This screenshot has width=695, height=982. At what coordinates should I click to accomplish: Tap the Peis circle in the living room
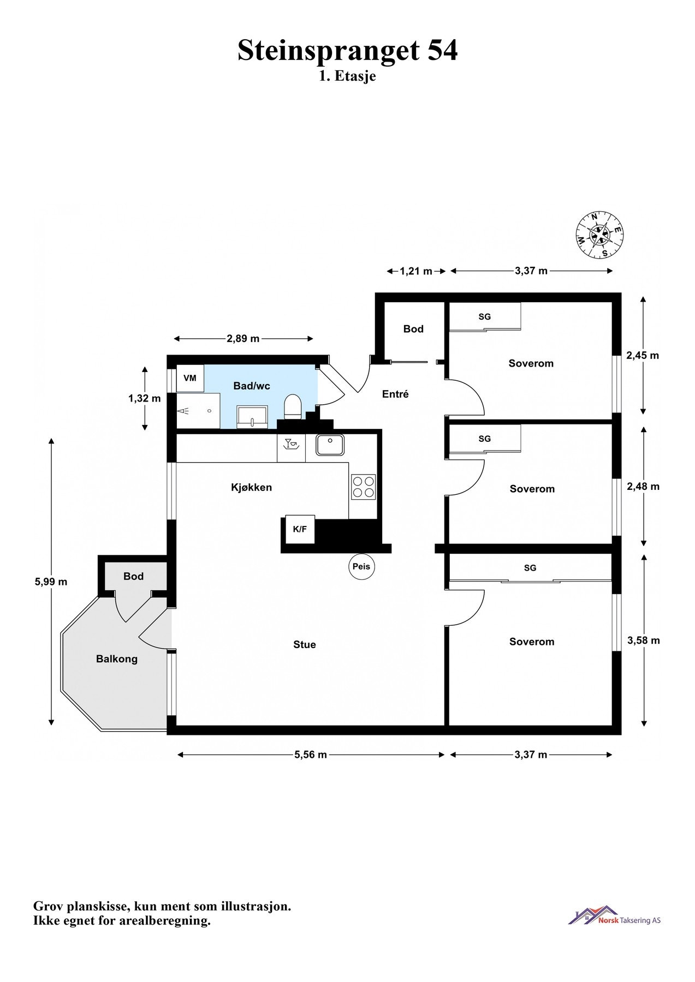pyautogui.click(x=361, y=566)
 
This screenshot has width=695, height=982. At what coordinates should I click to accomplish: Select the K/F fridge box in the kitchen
pyautogui.click(x=300, y=529)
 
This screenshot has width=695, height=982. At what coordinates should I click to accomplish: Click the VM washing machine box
pyautogui.click(x=190, y=378)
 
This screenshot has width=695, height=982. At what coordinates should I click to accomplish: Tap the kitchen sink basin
pyautogui.click(x=330, y=445)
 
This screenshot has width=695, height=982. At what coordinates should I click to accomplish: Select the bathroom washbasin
pyautogui.click(x=252, y=416)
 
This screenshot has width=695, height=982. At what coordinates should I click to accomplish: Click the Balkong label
pyautogui.click(x=117, y=659)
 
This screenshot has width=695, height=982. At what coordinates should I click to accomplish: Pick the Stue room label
pyautogui.click(x=305, y=645)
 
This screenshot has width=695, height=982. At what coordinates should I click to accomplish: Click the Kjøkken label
pyautogui.click(x=251, y=488)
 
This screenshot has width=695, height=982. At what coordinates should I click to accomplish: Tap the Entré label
pyautogui.click(x=395, y=394)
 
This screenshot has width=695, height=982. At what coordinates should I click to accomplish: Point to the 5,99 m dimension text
pyautogui.click(x=51, y=582)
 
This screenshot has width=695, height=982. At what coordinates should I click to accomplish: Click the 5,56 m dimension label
pyautogui.click(x=311, y=755)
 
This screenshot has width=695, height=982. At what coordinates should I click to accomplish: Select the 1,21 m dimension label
pyautogui.click(x=416, y=271)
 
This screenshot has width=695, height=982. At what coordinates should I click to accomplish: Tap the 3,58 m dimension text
pyautogui.click(x=644, y=640)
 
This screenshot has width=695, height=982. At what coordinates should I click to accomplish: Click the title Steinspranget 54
pyautogui.click(x=348, y=50)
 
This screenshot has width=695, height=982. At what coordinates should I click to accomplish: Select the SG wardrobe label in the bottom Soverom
pyautogui.click(x=530, y=568)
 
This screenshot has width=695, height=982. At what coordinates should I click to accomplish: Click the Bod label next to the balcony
pyautogui.click(x=133, y=577)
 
